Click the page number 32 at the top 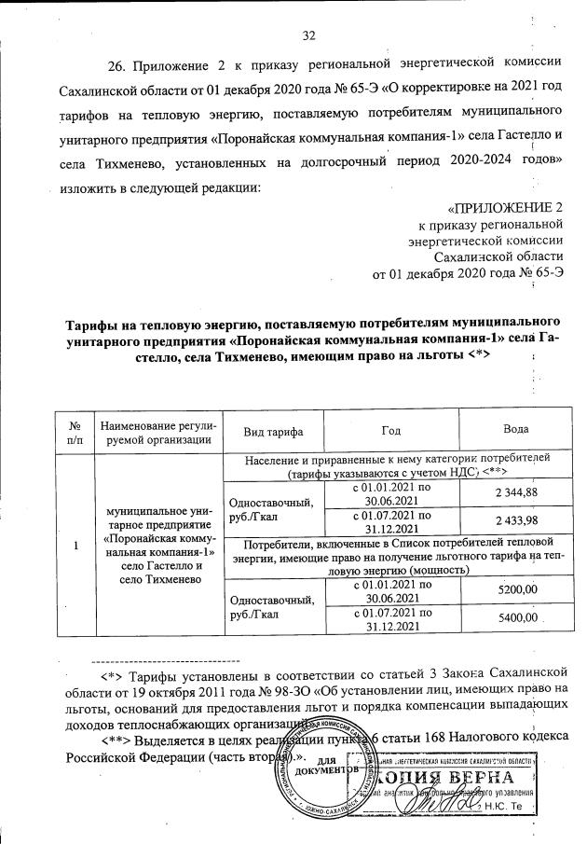click(309, 36)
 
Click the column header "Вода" click(514, 432)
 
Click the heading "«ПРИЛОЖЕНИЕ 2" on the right click(505, 207)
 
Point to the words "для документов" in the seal click(325, 768)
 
